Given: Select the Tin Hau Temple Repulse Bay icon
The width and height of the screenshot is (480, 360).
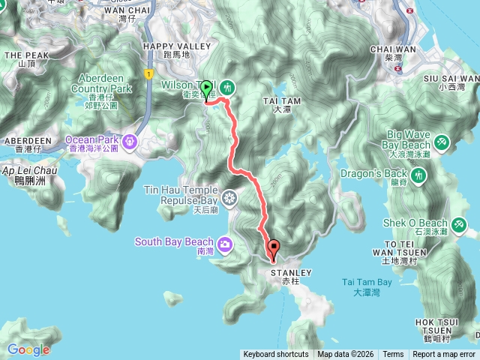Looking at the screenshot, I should click(229, 198).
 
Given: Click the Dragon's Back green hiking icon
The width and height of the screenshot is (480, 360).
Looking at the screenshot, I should click(419, 175).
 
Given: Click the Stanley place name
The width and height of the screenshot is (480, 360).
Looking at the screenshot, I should click(285, 272).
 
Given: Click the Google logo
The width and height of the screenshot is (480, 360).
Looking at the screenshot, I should click(28, 349).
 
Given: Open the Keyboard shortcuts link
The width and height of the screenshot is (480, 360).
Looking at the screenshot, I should click(275, 355).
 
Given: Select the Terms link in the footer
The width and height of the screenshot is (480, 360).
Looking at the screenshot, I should click(393, 355).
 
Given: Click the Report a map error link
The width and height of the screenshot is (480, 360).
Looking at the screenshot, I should click(444, 355).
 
